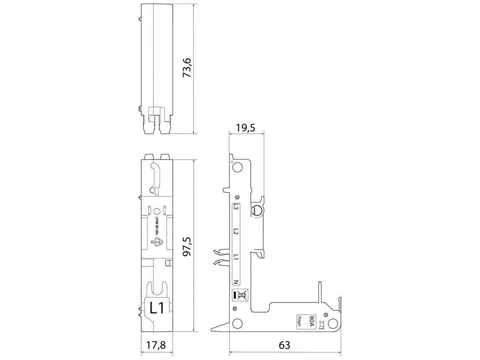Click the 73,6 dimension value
click(188, 67)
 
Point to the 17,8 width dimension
click(158, 344)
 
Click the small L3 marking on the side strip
click(236, 208)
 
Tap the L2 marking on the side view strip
click(236, 232)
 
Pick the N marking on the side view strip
click(236, 282)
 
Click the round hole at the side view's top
click(238, 167)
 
